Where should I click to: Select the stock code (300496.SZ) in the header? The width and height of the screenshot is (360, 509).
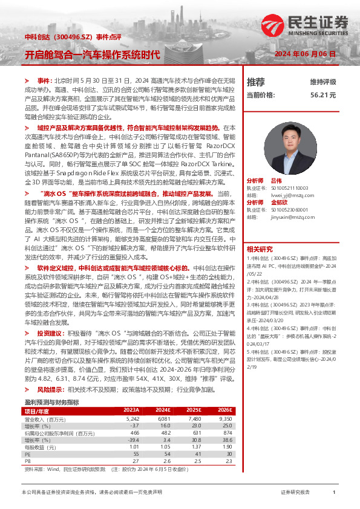point(76,37)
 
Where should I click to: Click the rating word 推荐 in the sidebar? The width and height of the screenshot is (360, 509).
point(256,82)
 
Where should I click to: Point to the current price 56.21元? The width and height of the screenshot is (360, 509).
point(323,95)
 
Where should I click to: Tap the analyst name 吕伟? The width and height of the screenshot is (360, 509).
point(277,181)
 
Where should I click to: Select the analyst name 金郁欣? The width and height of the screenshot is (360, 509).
point(280,203)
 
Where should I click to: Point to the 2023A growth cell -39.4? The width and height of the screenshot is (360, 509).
point(133,439)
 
